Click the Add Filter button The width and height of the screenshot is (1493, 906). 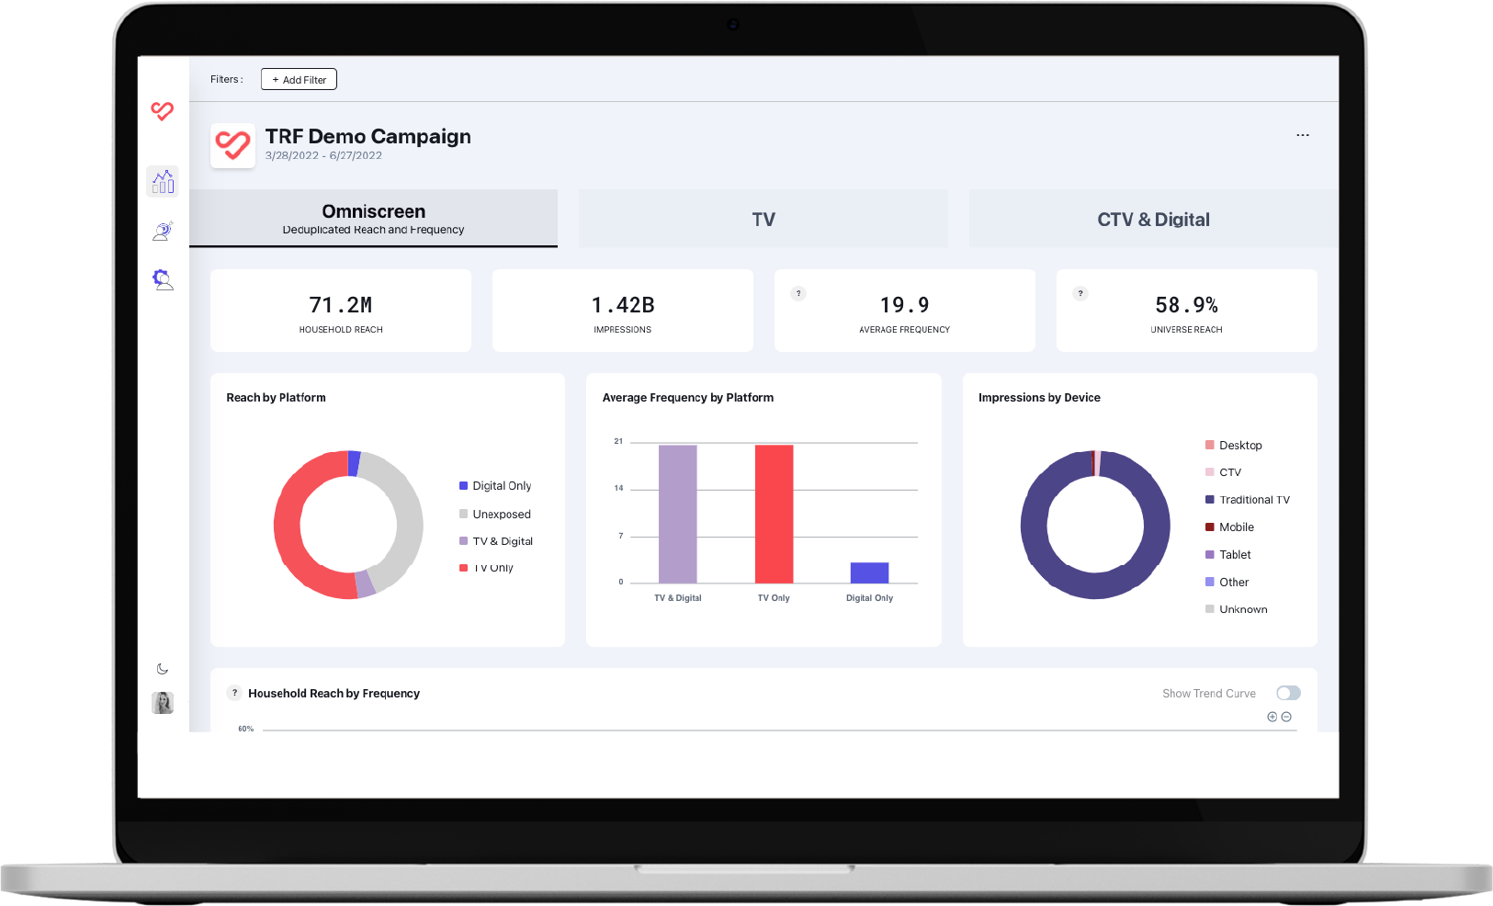coord(299,80)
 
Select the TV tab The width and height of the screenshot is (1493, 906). coord(763,220)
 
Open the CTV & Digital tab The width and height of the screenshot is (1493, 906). coord(1153,220)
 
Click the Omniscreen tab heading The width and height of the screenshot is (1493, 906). coord(373,212)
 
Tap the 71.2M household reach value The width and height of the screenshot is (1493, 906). coord(341,305)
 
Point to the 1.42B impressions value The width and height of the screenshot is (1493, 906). coord(623,305)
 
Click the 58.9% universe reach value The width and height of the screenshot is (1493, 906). coord(1186,305)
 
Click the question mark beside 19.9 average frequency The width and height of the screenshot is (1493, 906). coord(798,294)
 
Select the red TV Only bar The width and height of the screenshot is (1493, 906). coord(774,514)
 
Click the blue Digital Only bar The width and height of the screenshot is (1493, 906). coord(869,572)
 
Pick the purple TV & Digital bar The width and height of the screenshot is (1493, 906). coord(677,514)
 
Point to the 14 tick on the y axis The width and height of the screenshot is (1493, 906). coord(618,489)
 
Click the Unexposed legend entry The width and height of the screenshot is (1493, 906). coord(501,515)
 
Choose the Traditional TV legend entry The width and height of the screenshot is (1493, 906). coord(1253,500)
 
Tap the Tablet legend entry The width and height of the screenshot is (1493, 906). coord(1234,555)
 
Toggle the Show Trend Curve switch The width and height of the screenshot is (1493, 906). coord(1288,693)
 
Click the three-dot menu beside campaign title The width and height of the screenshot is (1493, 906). coord(1303,135)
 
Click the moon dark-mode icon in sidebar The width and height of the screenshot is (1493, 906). coord(163,669)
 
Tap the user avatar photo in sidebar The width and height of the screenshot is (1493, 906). coord(163,703)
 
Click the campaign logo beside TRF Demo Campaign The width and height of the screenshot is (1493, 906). coord(232,145)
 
